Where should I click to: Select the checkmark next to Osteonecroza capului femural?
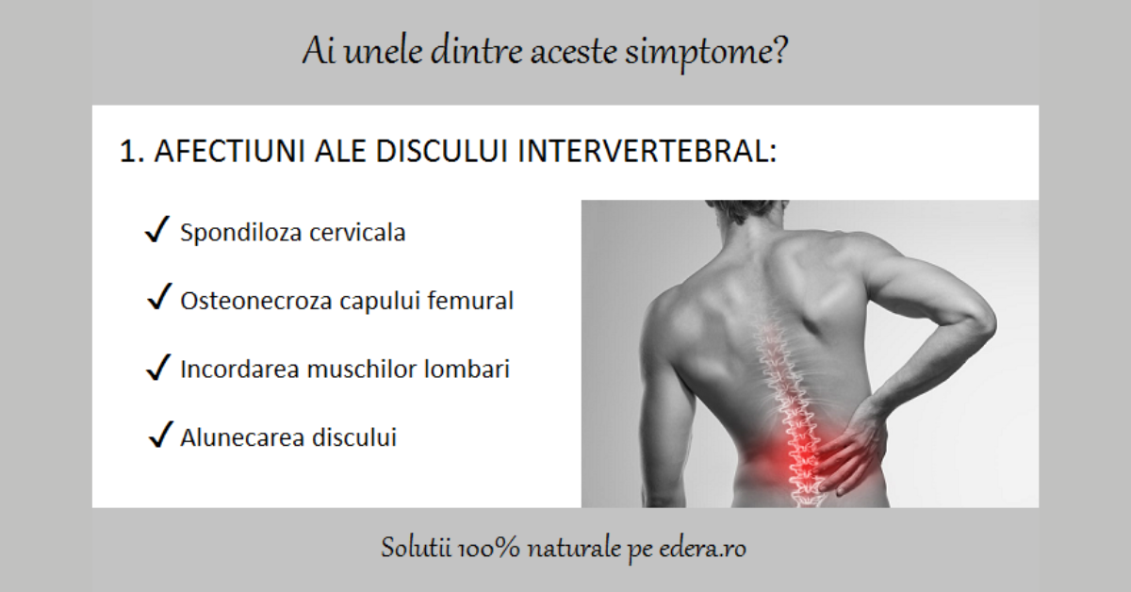pos(158,300)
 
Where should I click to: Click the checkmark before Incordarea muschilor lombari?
pos(158,369)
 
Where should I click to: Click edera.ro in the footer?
pos(704,548)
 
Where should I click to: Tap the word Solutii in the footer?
pos(411,548)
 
